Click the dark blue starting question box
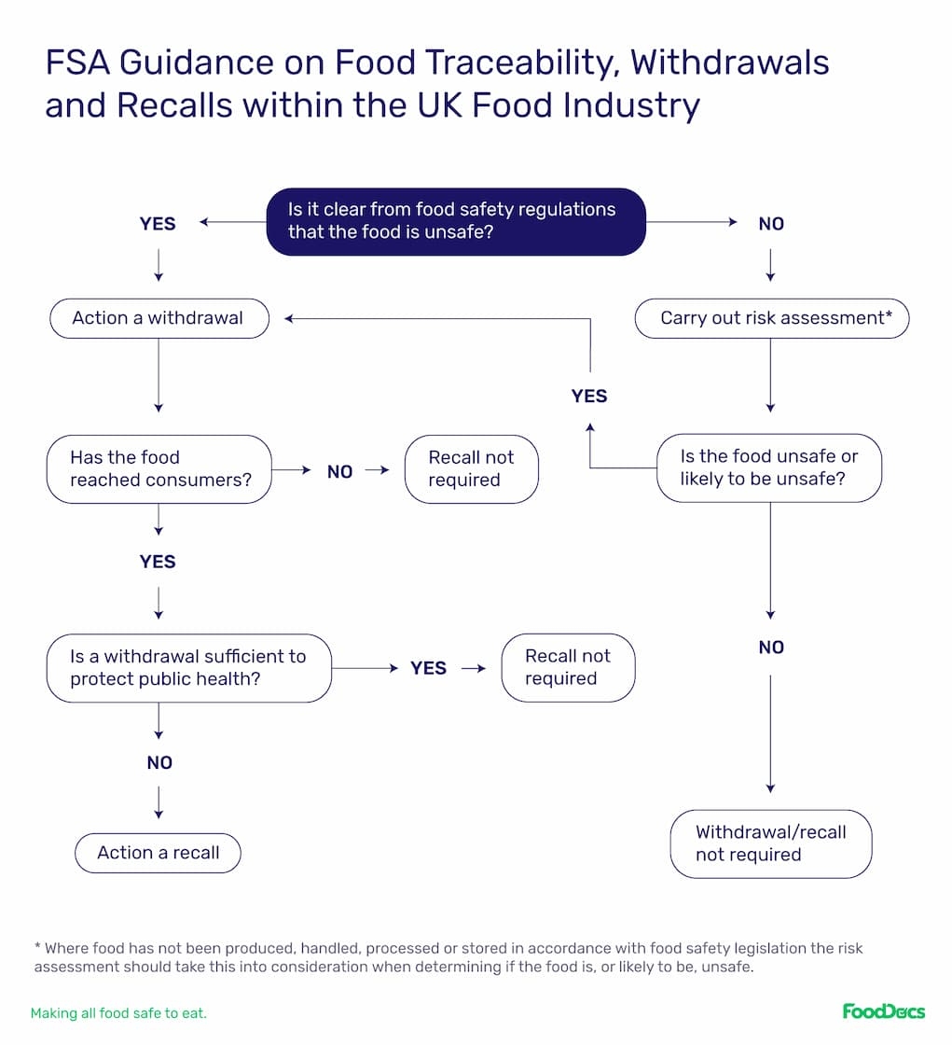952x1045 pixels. tap(456, 221)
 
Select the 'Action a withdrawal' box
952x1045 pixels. tap(159, 318)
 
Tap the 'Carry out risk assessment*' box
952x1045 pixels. tap(771, 318)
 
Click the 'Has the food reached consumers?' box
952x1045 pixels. tap(159, 468)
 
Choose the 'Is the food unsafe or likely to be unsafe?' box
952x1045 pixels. tap(768, 468)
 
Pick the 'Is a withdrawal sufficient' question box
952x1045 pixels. tap(188, 667)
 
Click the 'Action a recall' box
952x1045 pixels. tap(159, 853)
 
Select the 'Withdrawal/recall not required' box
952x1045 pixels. tap(770, 843)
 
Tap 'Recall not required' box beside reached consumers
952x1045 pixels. tap(471, 468)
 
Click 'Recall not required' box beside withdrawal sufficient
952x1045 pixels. tap(568, 667)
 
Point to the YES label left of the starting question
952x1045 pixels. tap(158, 224)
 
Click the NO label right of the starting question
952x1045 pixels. tap(771, 224)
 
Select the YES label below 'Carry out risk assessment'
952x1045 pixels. tap(589, 397)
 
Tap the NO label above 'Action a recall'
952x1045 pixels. tap(159, 763)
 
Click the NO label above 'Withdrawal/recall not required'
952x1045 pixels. tap(771, 648)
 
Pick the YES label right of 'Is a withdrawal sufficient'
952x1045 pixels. tap(429, 668)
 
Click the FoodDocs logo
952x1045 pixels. tap(883, 1011)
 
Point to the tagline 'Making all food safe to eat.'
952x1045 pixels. tap(118, 1012)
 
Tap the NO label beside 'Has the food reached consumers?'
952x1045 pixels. tap(339, 471)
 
